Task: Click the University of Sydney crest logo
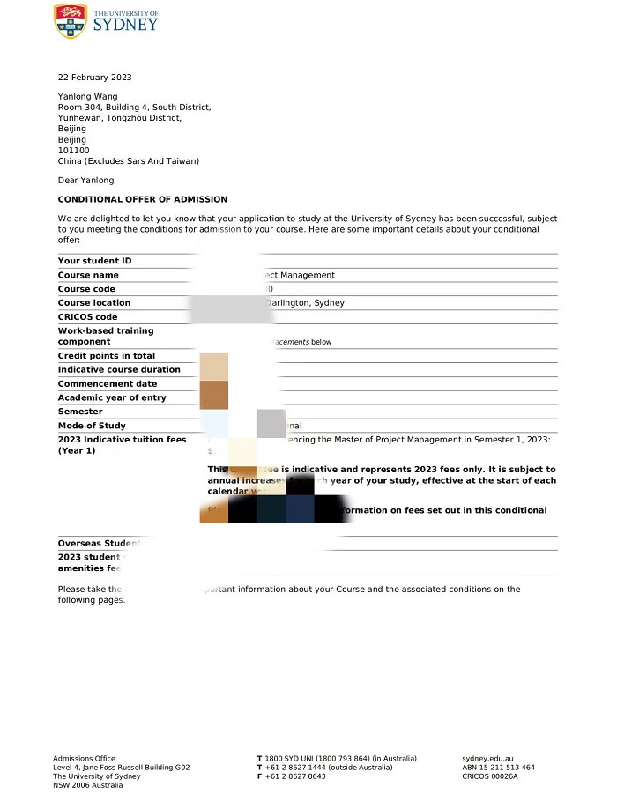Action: point(71,20)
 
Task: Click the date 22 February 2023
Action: point(94,78)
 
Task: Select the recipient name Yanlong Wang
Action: point(87,97)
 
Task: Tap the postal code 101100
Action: point(73,151)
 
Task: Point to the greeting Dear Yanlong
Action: point(86,181)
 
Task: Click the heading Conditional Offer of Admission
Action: point(142,199)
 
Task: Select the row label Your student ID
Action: point(94,261)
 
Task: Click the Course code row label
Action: point(86,289)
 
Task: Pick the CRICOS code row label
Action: point(87,317)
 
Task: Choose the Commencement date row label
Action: point(108,384)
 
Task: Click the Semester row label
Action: point(80,412)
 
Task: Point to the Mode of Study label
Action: point(92,426)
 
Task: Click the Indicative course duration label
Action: point(119,370)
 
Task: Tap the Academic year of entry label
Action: point(112,397)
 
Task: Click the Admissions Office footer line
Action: point(84,759)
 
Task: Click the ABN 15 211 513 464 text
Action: point(498,768)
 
